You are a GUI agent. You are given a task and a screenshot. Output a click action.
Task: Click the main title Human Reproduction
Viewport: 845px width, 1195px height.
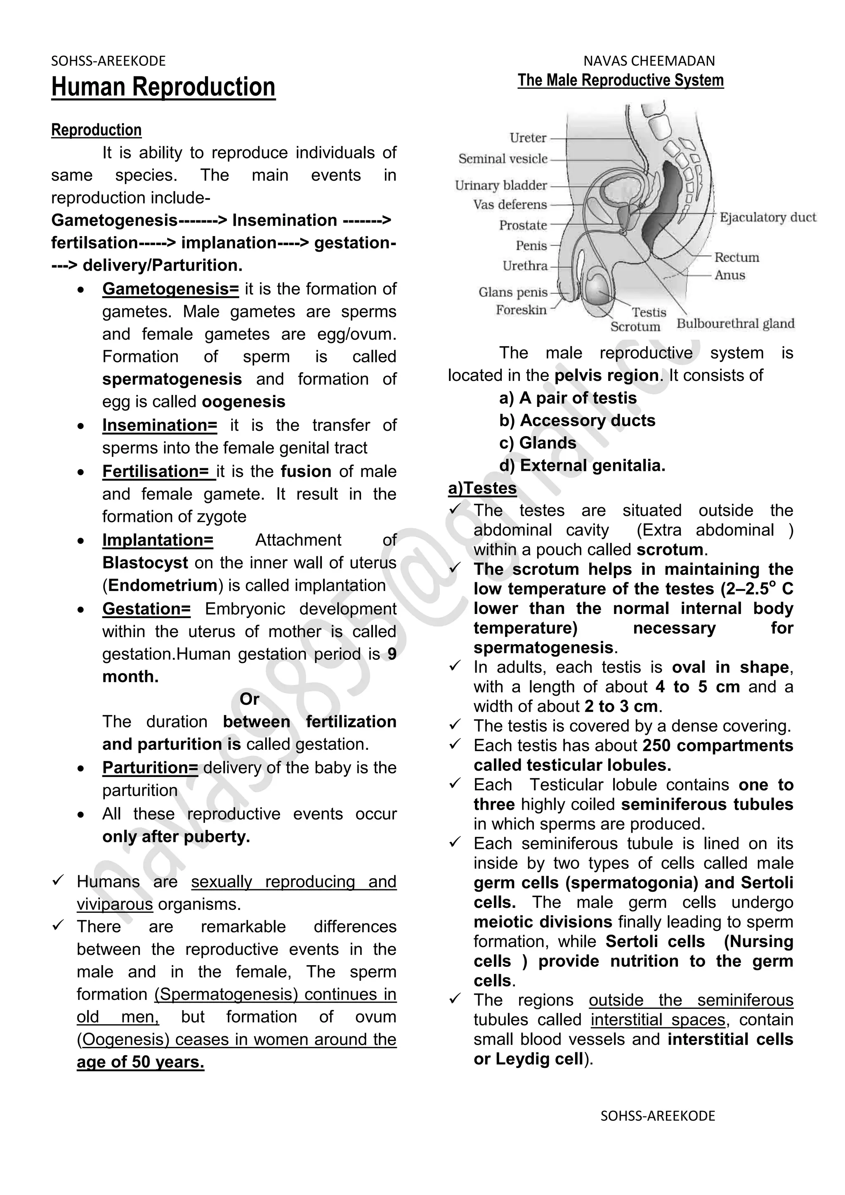[x=163, y=87]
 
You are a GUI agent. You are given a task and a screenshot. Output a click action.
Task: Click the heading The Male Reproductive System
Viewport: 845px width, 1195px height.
[x=620, y=80]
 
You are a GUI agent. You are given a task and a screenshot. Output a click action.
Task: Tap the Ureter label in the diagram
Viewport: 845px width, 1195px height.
[x=528, y=138]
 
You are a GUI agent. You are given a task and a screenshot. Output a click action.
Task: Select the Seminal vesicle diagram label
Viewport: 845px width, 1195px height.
[x=503, y=159]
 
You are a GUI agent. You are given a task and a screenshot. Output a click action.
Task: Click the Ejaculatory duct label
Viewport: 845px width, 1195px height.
[x=767, y=217]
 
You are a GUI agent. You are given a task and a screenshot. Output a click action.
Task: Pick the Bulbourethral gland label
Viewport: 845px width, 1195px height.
[x=735, y=324]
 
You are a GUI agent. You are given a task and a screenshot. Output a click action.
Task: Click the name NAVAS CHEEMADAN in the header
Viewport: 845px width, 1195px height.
[x=649, y=61]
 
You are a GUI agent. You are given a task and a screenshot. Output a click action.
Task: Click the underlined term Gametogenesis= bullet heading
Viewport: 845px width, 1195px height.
[x=170, y=289]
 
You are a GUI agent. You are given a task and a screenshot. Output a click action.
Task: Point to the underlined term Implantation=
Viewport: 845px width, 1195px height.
[x=158, y=540]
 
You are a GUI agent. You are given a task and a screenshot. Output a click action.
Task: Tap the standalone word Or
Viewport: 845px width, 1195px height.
[x=249, y=699]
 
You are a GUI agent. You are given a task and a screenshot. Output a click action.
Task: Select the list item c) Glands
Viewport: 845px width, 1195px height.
[x=538, y=443]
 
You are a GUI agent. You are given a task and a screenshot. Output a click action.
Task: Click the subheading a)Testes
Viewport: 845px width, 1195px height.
[x=482, y=488]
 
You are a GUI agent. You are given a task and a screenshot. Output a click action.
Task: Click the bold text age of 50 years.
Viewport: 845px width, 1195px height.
[x=140, y=1062]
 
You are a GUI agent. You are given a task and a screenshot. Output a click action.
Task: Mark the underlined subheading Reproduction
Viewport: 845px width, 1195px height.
[x=96, y=130]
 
